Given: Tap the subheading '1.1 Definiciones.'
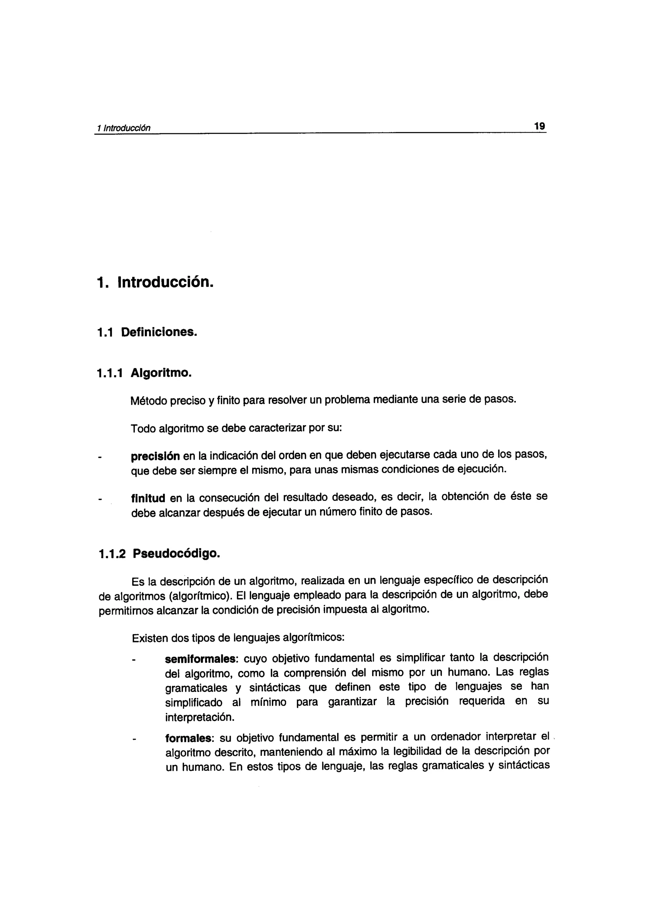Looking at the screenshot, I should coord(147,332).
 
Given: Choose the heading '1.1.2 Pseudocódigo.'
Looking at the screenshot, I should coord(159,554).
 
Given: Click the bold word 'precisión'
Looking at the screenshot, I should coord(155,457).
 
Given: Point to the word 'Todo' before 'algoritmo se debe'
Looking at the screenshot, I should coord(143,429).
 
